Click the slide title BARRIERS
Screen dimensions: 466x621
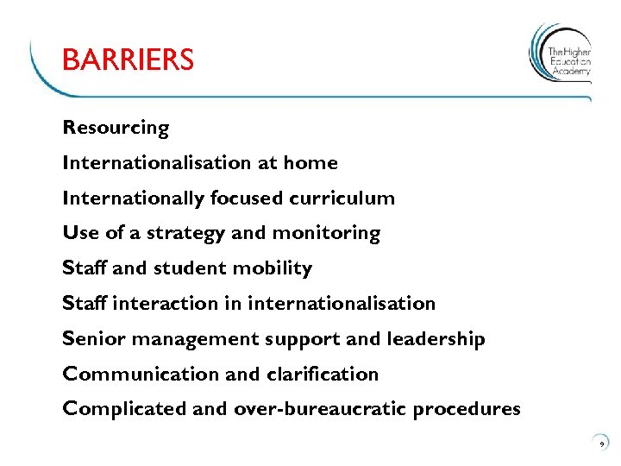point(128,60)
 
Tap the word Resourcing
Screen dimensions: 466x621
point(116,128)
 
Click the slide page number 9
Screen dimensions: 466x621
point(601,443)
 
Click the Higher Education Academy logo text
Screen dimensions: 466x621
point(570,61)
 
